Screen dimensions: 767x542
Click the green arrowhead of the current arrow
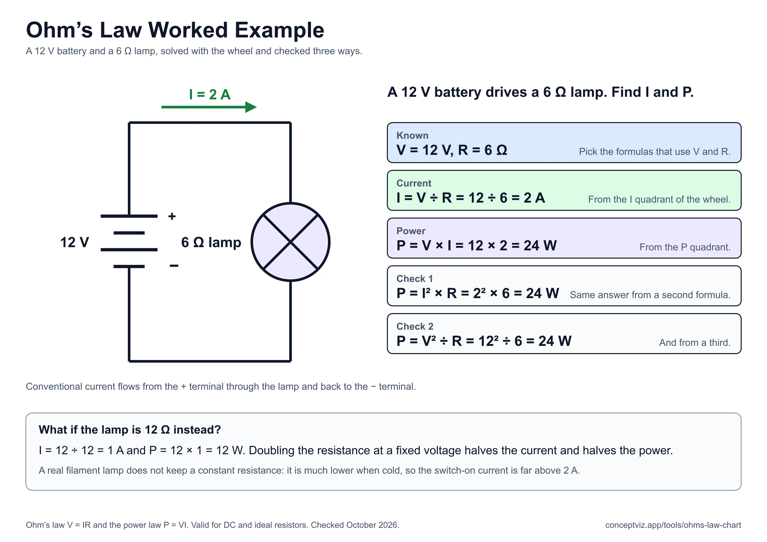[x=251, y=107]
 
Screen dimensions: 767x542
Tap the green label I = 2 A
[x=210, y=95]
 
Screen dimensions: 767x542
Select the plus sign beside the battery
[x=172, y=217]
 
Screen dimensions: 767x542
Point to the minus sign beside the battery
[x=174, y=266]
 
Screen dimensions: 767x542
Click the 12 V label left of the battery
[x=74, y=242]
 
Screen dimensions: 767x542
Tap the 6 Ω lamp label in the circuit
[x=211, y=242]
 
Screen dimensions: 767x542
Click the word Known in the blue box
[x=412, y=136]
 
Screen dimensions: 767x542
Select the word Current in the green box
[x=414, y=183]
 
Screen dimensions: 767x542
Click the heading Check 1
[x=414, y=279]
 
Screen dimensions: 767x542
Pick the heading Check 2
[x=415, y=327]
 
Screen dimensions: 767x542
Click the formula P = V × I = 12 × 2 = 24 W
[x=477, y=246]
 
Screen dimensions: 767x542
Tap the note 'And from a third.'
[x=695, y=343]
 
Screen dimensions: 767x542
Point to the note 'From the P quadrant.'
[x=685, y=247]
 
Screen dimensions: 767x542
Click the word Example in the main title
[x=279, y=30]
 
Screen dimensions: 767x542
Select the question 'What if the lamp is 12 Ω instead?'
[x=130, y=430]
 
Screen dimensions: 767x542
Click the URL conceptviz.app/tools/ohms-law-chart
[x=673, y=525]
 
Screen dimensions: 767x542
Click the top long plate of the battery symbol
[x=129, y=216]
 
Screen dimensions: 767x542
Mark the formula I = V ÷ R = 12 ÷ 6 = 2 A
[x=471, y=198]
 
